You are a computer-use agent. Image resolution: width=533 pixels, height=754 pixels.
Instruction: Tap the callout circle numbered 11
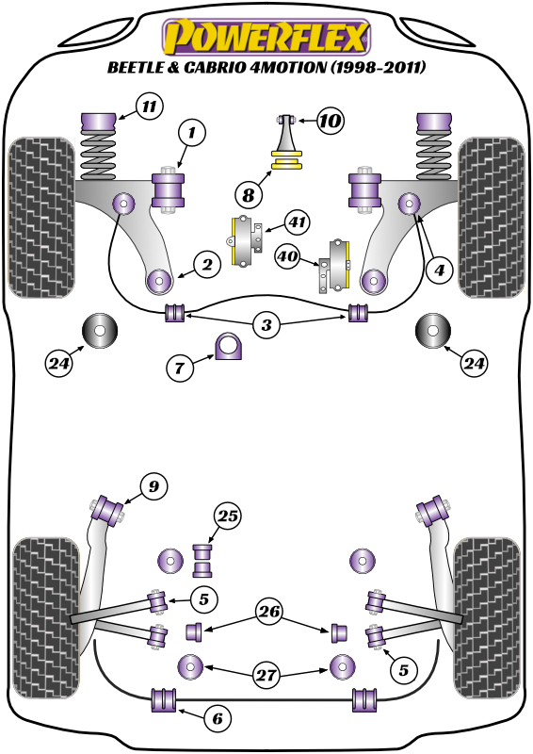tap(148, 106)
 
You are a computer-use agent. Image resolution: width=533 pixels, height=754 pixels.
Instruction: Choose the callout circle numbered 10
tap(330, 121)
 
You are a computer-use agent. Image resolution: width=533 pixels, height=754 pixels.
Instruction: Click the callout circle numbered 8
tap(249, 195)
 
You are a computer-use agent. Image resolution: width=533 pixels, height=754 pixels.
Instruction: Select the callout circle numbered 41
tap(297, 223)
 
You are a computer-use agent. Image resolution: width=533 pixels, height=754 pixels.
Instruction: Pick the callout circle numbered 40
tap(288, 254)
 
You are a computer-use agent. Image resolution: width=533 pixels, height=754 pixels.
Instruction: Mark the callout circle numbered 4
tap(437, 270)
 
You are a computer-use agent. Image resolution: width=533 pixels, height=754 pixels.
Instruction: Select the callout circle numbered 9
tap(153, 486)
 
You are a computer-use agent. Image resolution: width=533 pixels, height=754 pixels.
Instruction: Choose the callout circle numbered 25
tap(227, 516)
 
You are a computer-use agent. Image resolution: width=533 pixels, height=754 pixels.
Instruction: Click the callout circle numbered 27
tap(266, 674)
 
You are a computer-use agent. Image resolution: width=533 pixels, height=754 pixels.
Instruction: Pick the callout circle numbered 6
tap(217, 719)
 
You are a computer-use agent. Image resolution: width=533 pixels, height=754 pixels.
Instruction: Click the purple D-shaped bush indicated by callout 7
tap(229, 347)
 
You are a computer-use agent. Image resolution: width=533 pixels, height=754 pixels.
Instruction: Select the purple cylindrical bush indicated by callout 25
tap(202, 559)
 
